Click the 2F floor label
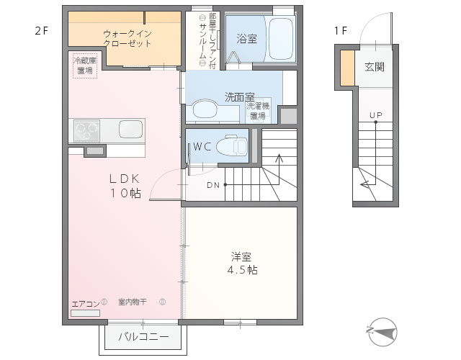[41, 30]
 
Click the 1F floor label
[341, 30]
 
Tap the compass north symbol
[382, 332]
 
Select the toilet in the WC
[232, 145]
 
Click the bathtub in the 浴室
[280, 38]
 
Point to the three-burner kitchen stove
[86, 131]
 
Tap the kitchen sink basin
[130, 129]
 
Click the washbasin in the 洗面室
[205, 110]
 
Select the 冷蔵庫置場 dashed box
[85, 66]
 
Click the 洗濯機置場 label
[258, 110]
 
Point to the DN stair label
[213, 185]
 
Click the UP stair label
[376, 115]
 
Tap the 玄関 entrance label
[375, 67]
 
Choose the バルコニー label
[143, 336]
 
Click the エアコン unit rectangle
[85, 313]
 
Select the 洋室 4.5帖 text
[243, 264]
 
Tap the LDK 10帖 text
[125, 186]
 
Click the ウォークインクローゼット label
[127, 38]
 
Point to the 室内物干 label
[133, 302]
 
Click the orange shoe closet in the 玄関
[347, 68]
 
